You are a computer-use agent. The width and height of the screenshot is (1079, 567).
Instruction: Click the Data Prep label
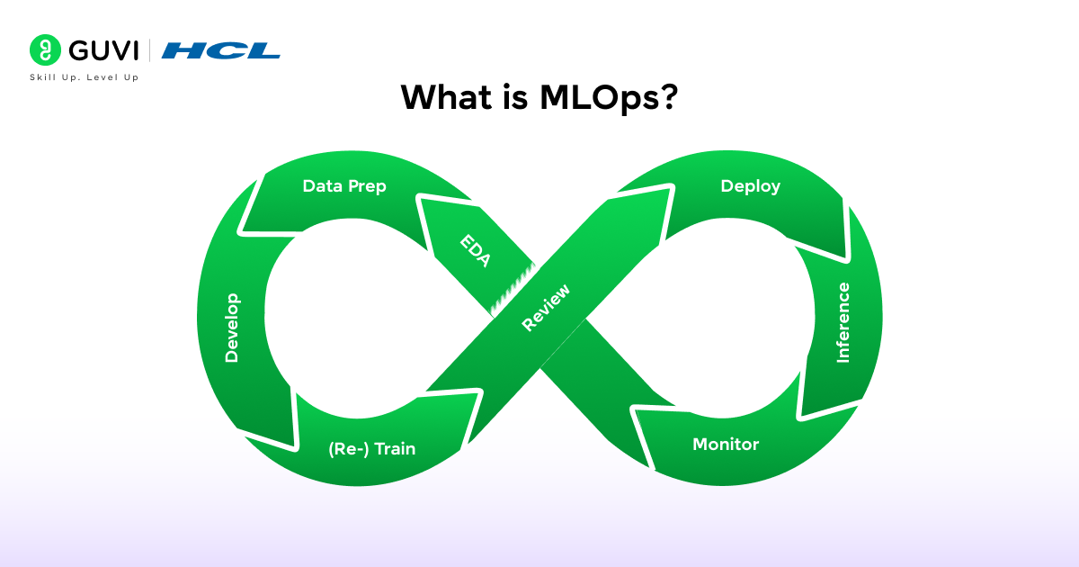[x=344, y=186]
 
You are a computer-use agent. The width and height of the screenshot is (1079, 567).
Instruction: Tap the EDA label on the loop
[x=475, y=250]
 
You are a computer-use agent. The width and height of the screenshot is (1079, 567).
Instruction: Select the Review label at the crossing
[x=545, y=308]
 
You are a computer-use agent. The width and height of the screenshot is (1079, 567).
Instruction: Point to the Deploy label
[x=750, y=186]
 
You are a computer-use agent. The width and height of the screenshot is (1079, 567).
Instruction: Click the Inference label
[x=843, y=322]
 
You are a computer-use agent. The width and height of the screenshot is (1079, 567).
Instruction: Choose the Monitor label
[x=726, y=444]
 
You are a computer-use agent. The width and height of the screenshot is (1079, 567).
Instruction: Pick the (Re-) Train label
[x=371, y=448]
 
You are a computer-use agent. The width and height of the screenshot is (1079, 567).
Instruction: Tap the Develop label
[x=232, y=328]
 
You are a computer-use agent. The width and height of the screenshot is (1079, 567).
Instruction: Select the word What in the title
[x=442, y=97]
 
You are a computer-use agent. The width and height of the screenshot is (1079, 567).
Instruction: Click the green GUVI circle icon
[x=43, y=49]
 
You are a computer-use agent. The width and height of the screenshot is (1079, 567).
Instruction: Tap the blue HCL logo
[x=221, y=50]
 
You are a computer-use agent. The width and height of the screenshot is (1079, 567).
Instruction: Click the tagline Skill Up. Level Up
[x=85, y=78]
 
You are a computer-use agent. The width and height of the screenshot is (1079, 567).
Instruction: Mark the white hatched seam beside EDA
[x=514, y=289]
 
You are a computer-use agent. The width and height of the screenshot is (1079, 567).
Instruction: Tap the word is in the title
[x=513, y=97]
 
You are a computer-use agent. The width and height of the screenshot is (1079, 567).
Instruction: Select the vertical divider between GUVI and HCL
[x=150, y=49]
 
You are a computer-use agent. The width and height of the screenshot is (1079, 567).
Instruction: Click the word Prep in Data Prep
[x=368, y=186]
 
